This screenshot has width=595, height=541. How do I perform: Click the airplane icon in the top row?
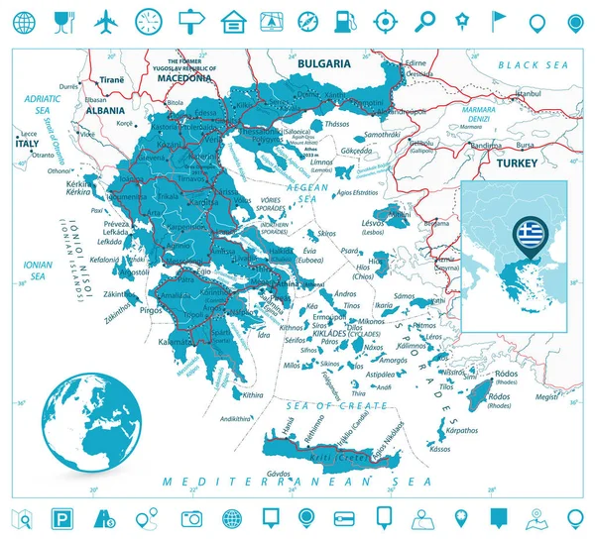[x=105, y=20]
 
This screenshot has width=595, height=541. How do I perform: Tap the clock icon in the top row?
[x=148, y=20]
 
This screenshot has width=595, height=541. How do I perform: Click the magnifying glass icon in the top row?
[x=424, y=20]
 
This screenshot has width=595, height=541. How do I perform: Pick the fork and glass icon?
[x=63, y=20]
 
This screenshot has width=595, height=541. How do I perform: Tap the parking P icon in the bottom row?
[x=62, y=518]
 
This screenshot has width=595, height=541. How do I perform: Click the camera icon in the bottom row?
[x=191, y=518]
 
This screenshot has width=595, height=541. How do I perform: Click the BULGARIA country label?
[x=323, y=63]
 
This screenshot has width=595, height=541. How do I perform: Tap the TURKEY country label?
[x=517, y=162]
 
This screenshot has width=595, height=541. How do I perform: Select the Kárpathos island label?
[x=461, y=431]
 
